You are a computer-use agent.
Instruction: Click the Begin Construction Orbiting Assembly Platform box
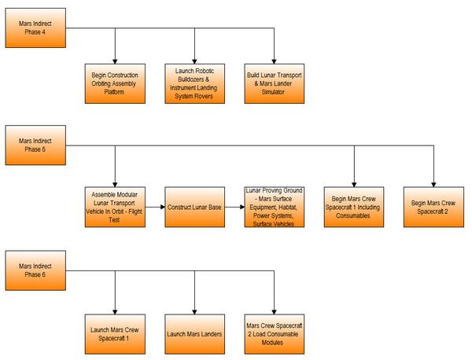pyautogui.click(x=116, y=84)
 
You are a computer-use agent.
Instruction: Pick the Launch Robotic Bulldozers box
pyautogui.click(x=196, y=84)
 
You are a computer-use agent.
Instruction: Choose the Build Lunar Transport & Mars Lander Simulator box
pyautogui.click(x=276, y=84)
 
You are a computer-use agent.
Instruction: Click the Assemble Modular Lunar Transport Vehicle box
pyautogui.click(x=116, y=208)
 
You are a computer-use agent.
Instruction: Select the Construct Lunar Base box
pyautogui.click(x=196, y=208)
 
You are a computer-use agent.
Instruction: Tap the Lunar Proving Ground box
pyautogui.click(x=276, y=208)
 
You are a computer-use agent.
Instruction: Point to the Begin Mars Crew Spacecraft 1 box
pyautogui.click(x=355, y=208)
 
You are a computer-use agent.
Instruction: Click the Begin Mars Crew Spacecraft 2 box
pyautogui.click(x=434, y=208)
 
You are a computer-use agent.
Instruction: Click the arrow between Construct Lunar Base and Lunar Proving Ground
pyautogui.click(x=235, y=208)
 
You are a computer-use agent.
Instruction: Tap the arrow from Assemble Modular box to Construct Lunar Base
pyautogui.click(x=155, y=208)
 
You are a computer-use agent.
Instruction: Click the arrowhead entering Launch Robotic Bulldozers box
pyautogui.click(x=196, y=61)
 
